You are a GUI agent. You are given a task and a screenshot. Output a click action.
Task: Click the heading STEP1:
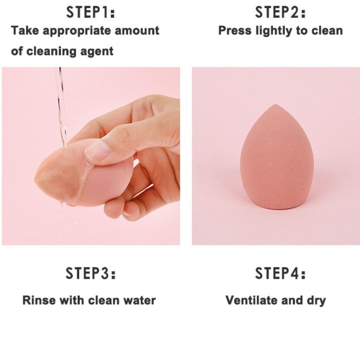[91, 13]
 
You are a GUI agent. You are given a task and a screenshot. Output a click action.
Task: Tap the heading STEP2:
[280, 13]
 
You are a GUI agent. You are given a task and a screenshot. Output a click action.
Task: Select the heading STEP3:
[91, 274]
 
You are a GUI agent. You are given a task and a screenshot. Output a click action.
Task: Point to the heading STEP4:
[280, 274]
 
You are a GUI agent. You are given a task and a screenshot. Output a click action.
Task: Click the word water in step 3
[140, 300]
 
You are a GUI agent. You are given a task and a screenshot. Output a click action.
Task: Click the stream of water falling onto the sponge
[62, 105]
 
